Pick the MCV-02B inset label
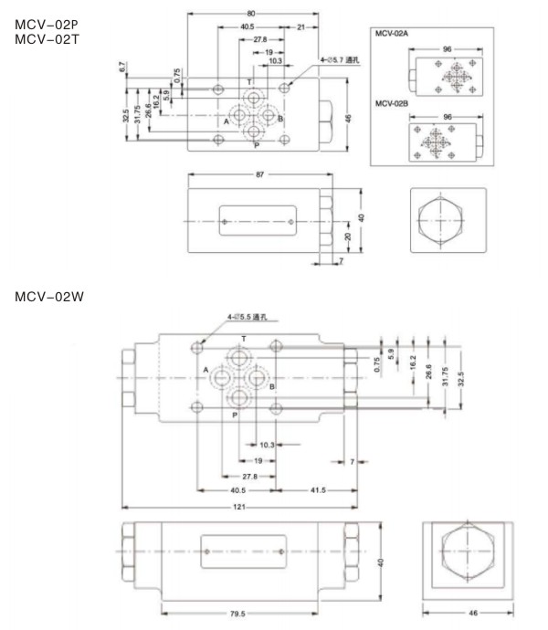394,102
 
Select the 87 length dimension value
258,174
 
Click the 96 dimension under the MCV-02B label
448,117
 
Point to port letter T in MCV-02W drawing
240,338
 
